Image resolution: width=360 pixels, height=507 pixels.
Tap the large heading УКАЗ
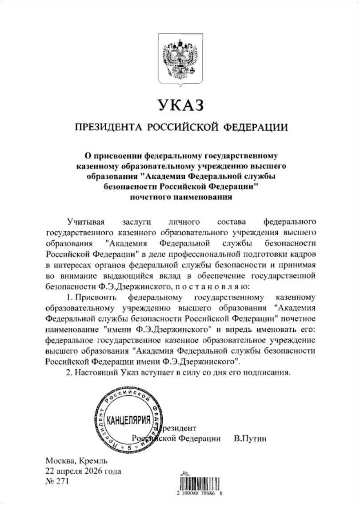pos(180,106)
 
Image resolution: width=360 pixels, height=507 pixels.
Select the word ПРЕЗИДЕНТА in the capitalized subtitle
pos(104,128)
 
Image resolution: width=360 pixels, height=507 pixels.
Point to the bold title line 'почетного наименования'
pos(180,197)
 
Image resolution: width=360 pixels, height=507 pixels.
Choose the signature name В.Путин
pos(250,439)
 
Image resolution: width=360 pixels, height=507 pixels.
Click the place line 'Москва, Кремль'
pos(76,461)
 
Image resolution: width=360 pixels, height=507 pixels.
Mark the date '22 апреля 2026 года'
pos(83,471)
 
